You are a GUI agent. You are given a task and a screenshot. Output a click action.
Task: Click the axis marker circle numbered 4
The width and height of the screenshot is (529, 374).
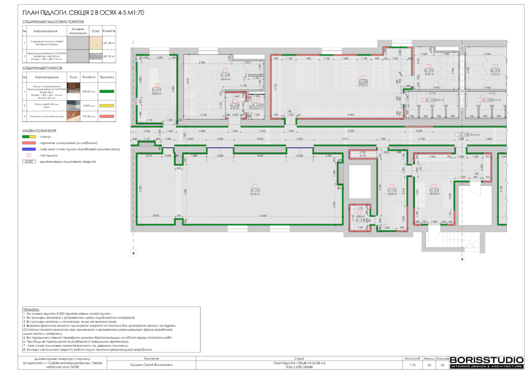[133, 254]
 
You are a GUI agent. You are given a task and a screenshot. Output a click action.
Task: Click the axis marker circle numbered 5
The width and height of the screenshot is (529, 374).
[462, 260]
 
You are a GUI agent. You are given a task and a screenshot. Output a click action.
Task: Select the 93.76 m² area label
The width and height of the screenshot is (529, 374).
[255, 194]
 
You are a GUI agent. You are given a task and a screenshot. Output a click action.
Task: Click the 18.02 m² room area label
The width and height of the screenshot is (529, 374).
[155, 93]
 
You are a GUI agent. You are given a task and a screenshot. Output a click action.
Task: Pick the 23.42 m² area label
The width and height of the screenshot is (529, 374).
[225, 79]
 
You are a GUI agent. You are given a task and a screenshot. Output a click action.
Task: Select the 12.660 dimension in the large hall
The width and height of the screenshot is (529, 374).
[255, 215]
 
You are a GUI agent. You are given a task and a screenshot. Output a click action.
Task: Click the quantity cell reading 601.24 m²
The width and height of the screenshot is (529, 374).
[109, 43]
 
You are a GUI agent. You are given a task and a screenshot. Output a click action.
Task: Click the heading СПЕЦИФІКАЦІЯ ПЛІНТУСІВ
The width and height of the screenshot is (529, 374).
[42, 68]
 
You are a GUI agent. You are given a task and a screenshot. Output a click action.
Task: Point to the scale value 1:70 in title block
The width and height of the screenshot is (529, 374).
[412, 365]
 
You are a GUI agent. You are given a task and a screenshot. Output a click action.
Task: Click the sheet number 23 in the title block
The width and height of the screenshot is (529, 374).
[428, 365]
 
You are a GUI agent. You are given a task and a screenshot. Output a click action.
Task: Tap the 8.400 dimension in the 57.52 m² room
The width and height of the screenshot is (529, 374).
[351, 114]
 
